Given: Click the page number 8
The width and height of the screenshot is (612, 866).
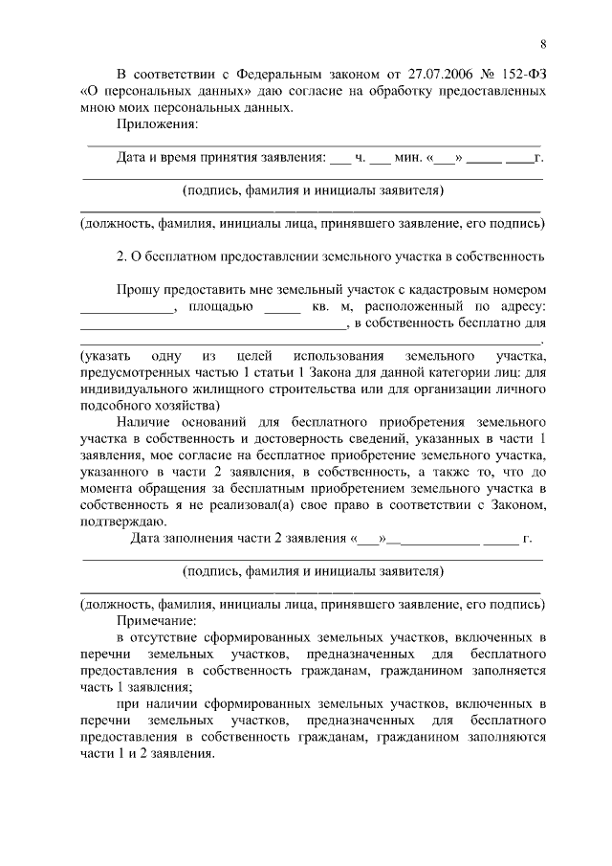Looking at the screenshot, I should pyautogui.click(x=542, y=44).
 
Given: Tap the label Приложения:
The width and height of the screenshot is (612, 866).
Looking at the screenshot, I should pyautogui.click(x=158, y=124).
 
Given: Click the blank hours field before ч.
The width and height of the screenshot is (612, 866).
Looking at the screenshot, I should pyautogui.click(x=340, y=158).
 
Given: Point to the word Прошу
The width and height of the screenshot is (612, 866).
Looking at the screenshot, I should pyautogui.click(x=138, y=290).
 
